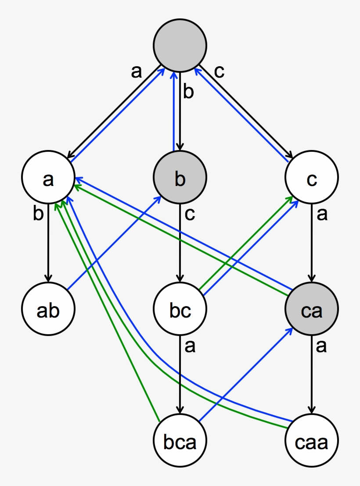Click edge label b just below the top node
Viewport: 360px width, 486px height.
click(189, 93)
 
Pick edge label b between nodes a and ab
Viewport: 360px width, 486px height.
click(39, 214)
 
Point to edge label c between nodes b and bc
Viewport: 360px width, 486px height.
click(189, 214)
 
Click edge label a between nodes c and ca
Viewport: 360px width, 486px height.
click(322, 215)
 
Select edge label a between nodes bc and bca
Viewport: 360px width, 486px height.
click(190, 347)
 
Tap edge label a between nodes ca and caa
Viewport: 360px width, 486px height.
click(322, 347)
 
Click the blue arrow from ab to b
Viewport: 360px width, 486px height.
click(114, 244)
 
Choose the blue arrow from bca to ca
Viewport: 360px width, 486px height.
click(246, 375)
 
